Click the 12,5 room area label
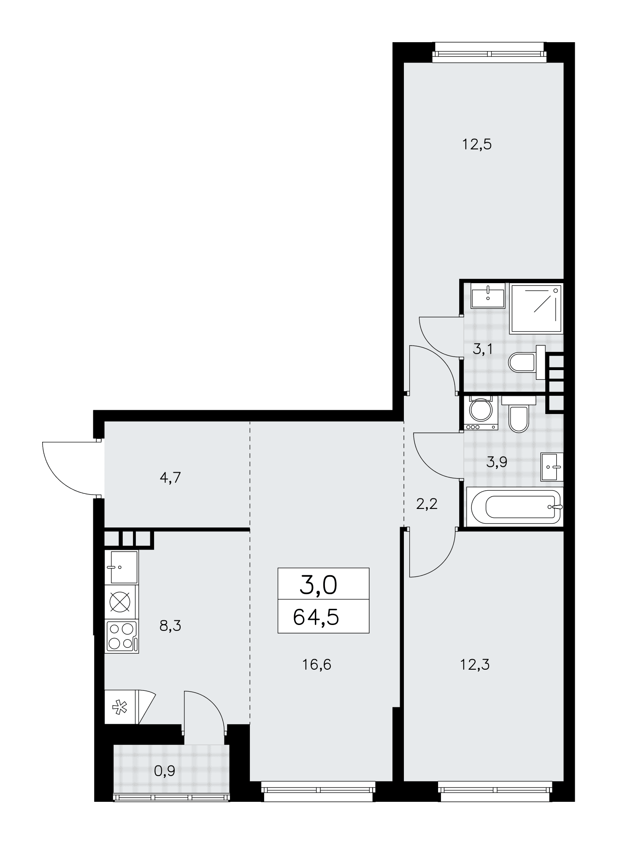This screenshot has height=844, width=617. point(477,145)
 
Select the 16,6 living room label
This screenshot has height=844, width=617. point(317,665)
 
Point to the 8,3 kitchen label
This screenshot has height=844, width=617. point(170,625)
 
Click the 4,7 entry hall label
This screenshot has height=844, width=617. point(170,478)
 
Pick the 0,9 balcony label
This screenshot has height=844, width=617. point(165,771)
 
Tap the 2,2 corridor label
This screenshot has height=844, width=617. point(427,504)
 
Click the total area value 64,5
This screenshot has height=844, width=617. point(316,618)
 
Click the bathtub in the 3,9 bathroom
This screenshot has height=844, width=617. point(514,506)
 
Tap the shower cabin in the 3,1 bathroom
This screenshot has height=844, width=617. point(536,309)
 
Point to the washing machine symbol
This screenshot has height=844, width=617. point(481,413)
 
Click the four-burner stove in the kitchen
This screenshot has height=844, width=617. point(122,637)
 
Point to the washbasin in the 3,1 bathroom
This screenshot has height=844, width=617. point(488,295)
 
